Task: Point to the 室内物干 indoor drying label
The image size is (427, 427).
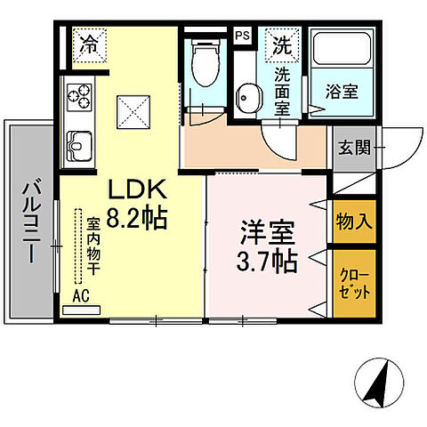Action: (x=93, y=243)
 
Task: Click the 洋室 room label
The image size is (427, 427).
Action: (x=267, y=233)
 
